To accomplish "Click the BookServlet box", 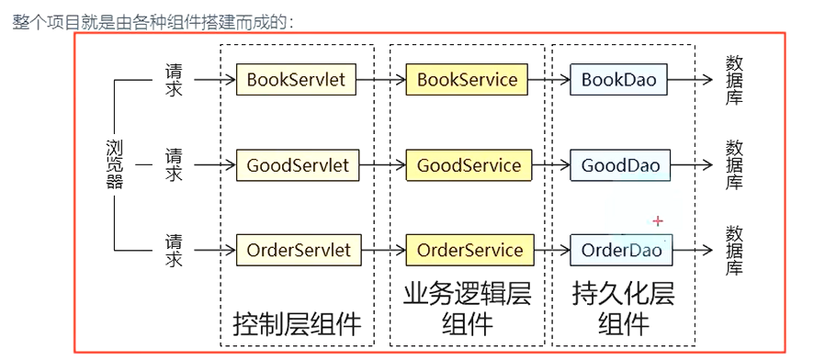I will pyautogui.click(x=296, y=80).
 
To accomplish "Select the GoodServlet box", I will pyautogui.click(x=298, y=166).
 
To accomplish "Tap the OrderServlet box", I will pyautogui.click(x=299, y=250).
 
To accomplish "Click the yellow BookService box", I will pyautogui.click(x=467, y=80).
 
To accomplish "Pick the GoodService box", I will pyautogui.click(x=469, y=166).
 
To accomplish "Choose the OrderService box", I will pyautogui.click(x=469, y=250).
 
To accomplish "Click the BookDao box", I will pyautogui.click(x=618, y=80).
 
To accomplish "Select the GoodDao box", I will pyautogui.click(x=620, y=166).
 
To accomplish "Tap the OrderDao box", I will pyautogui.click(x=621, y=250).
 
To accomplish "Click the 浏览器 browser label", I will pyautogui.click(x=114, y=164).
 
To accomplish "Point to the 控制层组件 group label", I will pyautogui.click(x=297, y=323).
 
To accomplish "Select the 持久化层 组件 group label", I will pyautogui.click(x=623, y=309).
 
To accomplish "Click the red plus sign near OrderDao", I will pyautogui.click(x=657, y=221).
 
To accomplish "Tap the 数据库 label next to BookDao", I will pyautogui.click(x=734, y=80).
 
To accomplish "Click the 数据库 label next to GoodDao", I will pyautogui.click(x=734, y=165).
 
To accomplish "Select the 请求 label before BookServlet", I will pyautogui.click(x=174, y=80).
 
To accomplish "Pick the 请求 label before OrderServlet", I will pyautogui.click(x=174, y=250).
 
